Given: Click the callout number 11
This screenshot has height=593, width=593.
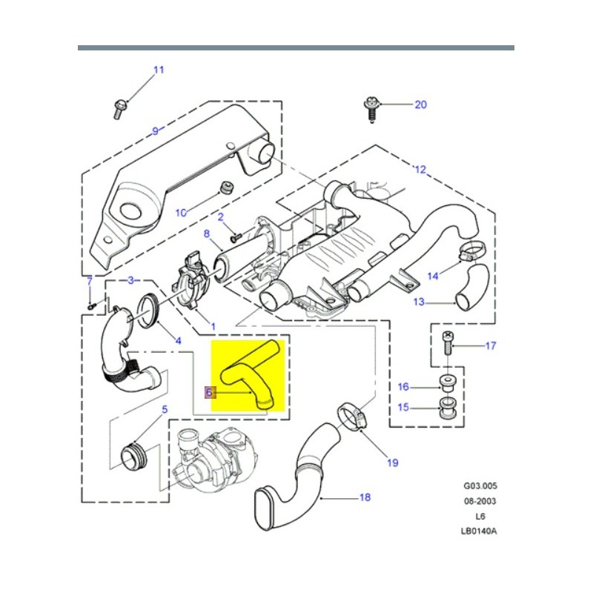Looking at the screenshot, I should [158, 70].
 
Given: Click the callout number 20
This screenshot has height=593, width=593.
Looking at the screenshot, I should [420, 105].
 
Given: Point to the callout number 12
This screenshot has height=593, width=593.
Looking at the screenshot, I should [420, 170].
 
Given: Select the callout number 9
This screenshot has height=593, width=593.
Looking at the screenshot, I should [155, 131].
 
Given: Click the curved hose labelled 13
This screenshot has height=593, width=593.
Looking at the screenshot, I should [471, 288].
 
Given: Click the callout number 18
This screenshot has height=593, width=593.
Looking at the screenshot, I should [365, 497].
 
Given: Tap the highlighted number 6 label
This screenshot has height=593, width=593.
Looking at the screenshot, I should [210, 392].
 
